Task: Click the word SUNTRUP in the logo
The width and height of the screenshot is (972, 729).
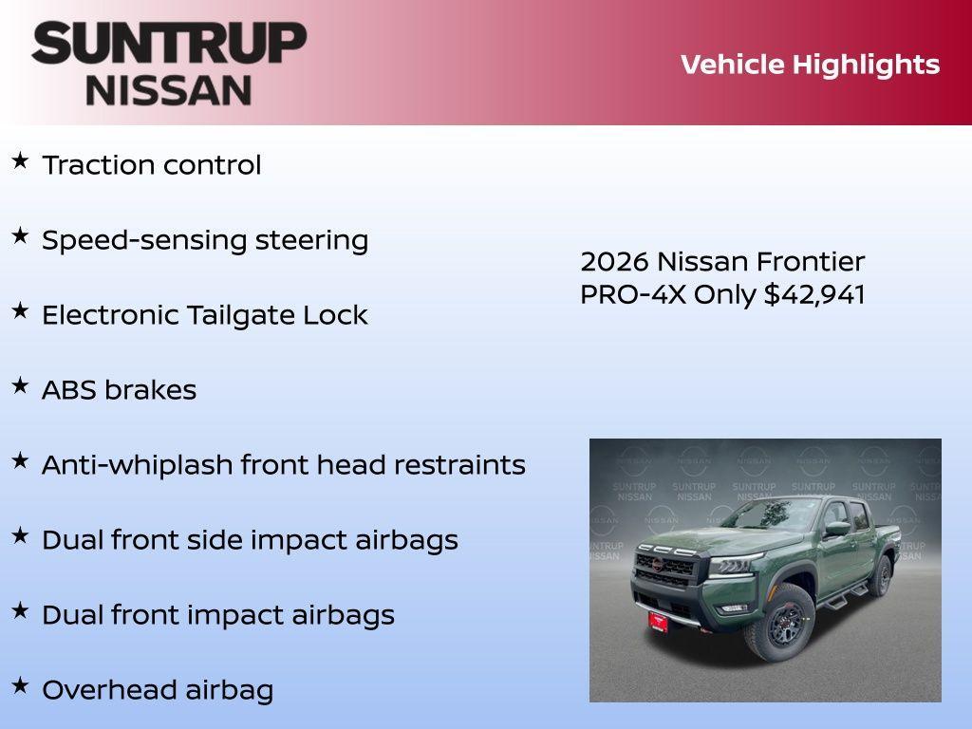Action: (169, 43)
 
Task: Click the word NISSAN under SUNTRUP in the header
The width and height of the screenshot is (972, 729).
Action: (169, 90)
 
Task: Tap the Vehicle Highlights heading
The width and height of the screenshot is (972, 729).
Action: (810, 65)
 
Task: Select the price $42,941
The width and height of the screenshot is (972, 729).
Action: (814, 294)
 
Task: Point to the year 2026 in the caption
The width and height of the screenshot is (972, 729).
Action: (614, 262)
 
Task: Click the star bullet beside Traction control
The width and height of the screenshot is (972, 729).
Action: (20, 161)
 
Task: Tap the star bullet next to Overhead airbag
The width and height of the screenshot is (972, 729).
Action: (20, 686)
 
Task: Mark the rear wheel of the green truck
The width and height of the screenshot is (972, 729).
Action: (881, 575)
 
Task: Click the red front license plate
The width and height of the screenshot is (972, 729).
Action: (658, 622)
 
